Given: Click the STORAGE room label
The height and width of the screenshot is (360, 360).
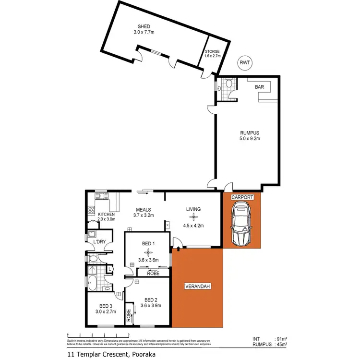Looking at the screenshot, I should tap(212, 51).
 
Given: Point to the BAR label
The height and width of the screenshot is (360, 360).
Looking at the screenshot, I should tap(260, 87).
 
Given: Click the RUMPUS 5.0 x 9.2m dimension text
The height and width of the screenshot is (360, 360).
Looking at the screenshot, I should tap(250, 139).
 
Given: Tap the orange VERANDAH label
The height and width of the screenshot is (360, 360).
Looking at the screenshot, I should tap(198, 287).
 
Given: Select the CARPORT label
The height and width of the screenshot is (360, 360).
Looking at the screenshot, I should tap(242, 197).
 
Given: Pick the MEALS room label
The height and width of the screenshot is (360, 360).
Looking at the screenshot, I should tap(144, 210).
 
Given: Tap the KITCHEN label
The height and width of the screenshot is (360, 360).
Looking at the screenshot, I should tap(106, 214).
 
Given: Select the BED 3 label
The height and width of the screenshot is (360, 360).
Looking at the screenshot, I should tap(106, 306).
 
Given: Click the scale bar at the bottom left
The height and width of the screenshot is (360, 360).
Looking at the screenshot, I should tap(96, 335).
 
